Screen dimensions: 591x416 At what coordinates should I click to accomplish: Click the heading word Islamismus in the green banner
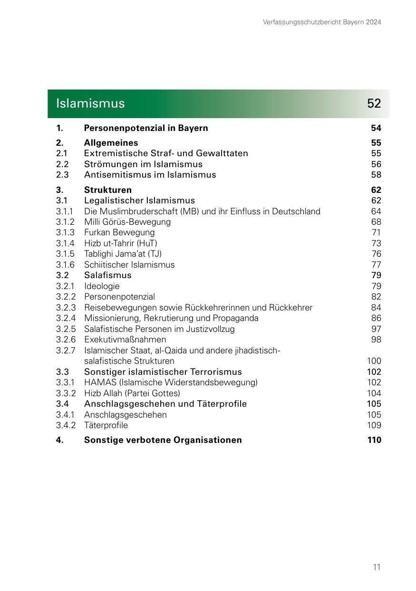pyautogui.click(x=90, y=103)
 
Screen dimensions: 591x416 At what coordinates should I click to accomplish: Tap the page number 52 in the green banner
pyautogui.click(x=374, y=103)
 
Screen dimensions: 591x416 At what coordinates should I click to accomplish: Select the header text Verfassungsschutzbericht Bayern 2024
pyautogui.click(x=322, y=22)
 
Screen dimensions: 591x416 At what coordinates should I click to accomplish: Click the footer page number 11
pyautogui.click(x=377, y=567)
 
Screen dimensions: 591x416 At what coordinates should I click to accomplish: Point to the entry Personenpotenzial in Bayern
pyautogui.click(x=146, y=128)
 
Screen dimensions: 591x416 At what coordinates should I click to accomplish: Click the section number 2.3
pyautogui.click(x=62, y=175)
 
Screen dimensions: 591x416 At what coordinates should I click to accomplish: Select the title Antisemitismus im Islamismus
pyautogui.click(x=150, y=175)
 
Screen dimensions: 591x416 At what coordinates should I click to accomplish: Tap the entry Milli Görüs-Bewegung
pyautogui.click(x=127, y=222)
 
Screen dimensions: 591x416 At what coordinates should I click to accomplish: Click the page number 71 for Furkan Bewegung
pyautogui.click(x=376, y=232)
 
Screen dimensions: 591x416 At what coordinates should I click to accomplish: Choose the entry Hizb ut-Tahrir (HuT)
pyautogui.click(x=121, y=243)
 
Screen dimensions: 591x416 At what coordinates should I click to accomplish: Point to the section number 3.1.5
pyautogui.click(x=65, y=254)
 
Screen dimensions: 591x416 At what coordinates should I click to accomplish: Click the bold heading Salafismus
pyautogui.click(x=107, y=275)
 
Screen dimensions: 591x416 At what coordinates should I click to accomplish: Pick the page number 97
pyautogui.click(x=376, y=329)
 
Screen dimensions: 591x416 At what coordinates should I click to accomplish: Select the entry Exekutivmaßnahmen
pyautogui.click(x=125, y=340)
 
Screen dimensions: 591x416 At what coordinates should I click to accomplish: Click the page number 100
pyautogui.click(x=374, y=361)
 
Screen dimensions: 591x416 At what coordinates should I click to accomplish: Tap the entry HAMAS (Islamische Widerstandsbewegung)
pyautogui.click(x=171, y=382)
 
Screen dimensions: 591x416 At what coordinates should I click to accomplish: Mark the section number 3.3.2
pyautogui.click(x=66, y=393)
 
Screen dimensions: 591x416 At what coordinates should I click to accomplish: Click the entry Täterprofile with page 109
pyautogui.click(x=106, y=425)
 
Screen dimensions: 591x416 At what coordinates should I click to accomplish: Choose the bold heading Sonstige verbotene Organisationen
pyautogui.click(x=163, y=440)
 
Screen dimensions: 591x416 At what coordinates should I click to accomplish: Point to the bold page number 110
pyautogui.click(x=374, y=440)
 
